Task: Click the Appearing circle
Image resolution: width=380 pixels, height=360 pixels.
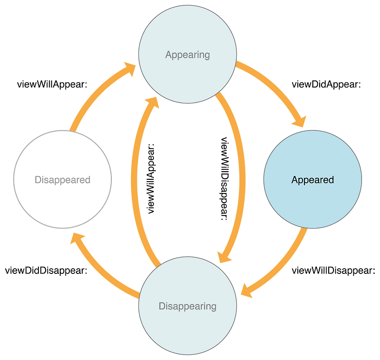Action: (187, 55)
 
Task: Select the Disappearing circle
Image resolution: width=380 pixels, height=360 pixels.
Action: (187, 306)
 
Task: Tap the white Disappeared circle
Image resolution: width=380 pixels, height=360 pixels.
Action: (62, 180)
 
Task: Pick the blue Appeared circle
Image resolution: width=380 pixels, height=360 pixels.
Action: (312, 180)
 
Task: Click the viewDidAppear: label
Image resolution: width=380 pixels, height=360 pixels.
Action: (326, 85)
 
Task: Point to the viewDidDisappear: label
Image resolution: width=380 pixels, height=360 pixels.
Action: (46, 271)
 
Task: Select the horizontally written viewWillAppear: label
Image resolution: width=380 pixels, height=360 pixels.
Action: (46, 85)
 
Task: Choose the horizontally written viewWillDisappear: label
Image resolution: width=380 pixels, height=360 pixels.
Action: (333, 271)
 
